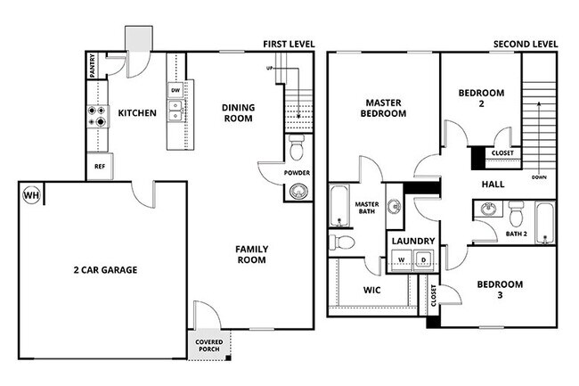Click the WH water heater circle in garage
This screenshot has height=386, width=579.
coord(31,195)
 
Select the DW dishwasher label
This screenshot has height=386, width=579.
coord(175,90)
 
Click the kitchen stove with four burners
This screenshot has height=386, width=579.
coord(96,113)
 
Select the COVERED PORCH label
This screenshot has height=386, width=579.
coord(210,345)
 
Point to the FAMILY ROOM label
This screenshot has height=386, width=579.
coord(251,255)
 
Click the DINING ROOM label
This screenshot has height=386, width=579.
coord(238,113)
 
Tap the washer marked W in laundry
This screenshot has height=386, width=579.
coord(402,260)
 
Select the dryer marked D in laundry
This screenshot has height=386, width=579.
coord(424,260)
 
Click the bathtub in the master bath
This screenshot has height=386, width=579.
coord(340,205)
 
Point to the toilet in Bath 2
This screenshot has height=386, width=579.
coord(516,213)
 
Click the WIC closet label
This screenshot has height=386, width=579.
coord(372,291)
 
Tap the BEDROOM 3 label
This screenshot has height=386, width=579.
coord(500,291)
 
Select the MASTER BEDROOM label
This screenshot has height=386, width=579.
coord(383,107)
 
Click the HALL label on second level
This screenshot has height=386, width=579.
coord(492,184)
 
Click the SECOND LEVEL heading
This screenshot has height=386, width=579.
coord(526,45)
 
